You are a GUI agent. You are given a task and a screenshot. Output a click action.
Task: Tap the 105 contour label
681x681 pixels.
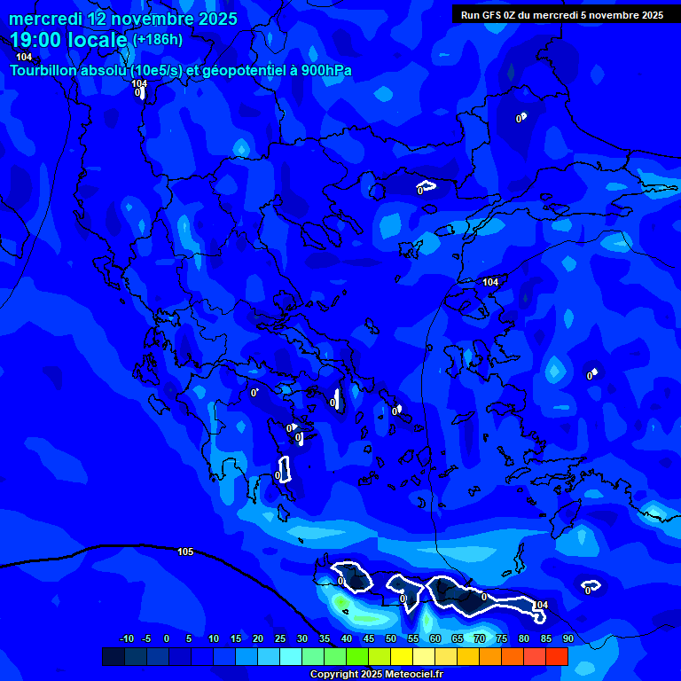click(x=184, y=552)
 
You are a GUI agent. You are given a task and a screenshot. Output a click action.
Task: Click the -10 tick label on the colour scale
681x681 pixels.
click(x=126, y=638)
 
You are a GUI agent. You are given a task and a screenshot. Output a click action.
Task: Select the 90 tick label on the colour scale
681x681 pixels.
click(x=567, y=638)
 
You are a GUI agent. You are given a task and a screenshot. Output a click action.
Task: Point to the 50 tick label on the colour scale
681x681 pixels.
click(x=391, y=638)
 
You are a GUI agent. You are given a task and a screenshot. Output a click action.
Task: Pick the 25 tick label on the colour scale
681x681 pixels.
click(x=279, y=638)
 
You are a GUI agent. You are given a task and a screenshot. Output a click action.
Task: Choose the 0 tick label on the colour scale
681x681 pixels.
click(x=167, y=638)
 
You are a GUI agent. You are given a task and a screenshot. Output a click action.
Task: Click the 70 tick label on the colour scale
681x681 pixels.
click(x=480, y=638)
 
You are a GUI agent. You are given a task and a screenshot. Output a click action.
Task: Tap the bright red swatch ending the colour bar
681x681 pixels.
click(x=557, y=656)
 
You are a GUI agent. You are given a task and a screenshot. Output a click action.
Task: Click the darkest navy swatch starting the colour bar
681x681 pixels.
click(x=113, y=656)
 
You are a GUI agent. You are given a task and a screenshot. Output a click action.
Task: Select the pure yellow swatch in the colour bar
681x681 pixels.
click(x=402, y=656)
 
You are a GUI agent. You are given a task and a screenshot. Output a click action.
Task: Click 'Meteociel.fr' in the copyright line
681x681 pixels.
click(x=412, y=674)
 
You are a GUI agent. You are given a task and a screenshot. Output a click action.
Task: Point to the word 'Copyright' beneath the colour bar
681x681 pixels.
click(x=335, y=674)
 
